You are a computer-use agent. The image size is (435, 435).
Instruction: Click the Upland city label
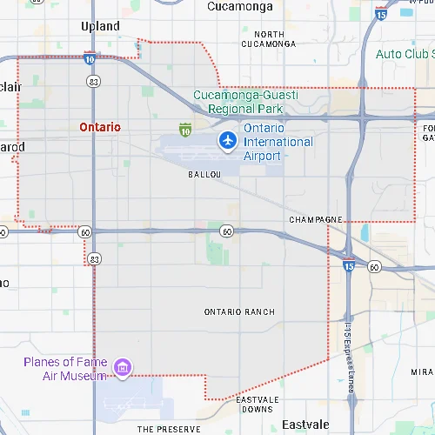100,26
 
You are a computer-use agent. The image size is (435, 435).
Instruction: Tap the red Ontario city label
99,127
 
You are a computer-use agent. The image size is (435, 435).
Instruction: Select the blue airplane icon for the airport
228,139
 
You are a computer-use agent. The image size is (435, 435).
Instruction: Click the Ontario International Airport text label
278,142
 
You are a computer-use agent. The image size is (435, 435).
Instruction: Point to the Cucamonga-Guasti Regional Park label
244,102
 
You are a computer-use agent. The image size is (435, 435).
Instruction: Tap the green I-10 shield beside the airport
184,130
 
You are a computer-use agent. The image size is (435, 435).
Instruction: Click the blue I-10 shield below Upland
91,59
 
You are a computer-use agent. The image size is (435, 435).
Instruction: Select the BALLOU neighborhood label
205,175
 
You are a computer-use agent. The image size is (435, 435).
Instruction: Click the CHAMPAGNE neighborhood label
316,221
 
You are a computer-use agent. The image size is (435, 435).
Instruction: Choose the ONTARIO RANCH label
239,311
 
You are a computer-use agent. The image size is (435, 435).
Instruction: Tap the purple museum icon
123,369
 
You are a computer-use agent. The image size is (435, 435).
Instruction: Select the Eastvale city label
305,425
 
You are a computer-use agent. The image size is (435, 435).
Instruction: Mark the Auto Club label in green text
405,55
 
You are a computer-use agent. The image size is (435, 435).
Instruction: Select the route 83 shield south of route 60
95,258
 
